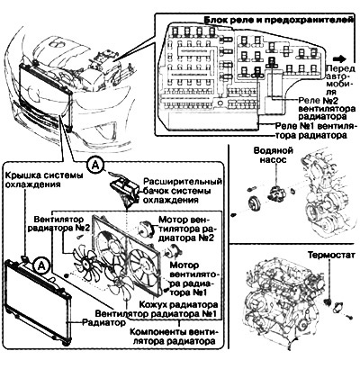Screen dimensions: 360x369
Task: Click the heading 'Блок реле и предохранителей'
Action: click(x=278, y=21)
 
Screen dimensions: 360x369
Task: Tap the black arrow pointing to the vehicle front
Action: click(x=340, y=58)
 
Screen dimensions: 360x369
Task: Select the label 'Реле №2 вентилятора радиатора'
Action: click(x=327, y=108)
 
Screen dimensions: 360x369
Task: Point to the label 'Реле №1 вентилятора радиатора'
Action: click(x=315, y=130)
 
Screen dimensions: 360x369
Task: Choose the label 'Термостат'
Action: click(x=331, y=255)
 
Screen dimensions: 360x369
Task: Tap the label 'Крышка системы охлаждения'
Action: click(x=44, y=179)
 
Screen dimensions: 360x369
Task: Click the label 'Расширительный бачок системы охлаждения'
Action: click(x=183, y=191)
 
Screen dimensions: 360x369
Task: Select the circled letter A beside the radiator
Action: click(x=41, y=265)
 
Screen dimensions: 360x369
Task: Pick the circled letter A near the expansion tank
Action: click(x=95, y=165)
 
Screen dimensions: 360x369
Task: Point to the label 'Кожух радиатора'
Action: click(x=178, y=304)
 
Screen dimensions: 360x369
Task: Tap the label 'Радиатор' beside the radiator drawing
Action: click(x=103, y=323)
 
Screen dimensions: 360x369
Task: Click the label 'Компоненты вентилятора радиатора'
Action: click(x=174, y=337)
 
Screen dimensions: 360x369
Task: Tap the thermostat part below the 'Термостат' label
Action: click(x=328, y=301)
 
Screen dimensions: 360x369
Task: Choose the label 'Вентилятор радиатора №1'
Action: click(x=156, y=314)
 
